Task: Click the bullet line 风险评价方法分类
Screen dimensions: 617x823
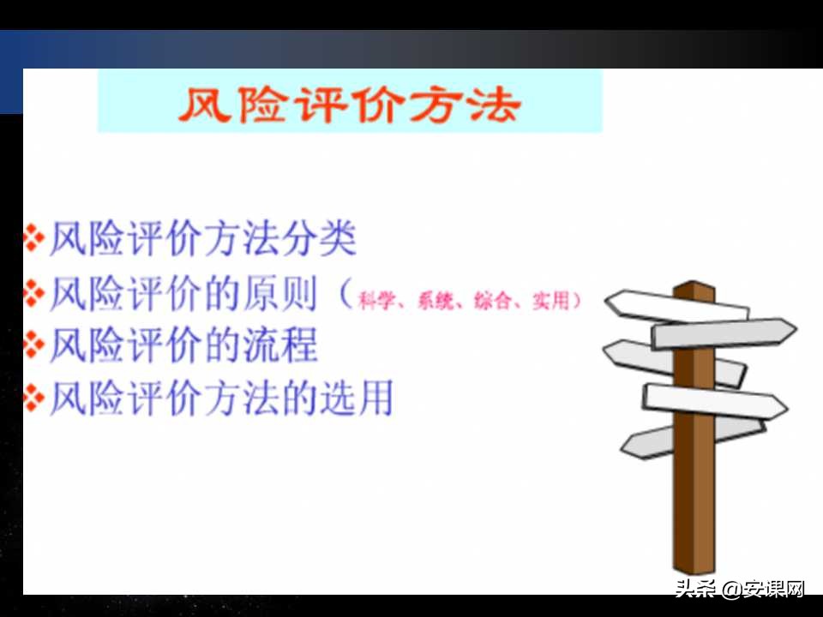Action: point(201,239)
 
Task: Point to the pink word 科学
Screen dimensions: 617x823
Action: point(375,302)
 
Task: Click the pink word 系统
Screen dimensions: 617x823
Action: point(434,302)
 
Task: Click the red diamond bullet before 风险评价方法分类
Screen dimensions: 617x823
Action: point(33,239)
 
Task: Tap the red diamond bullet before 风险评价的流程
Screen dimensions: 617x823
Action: point(33,345)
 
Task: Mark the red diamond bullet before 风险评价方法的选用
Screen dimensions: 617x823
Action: point(33,398)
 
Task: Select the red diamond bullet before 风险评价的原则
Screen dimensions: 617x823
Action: point(33,293)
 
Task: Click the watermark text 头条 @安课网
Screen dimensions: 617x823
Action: point(739,589)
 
